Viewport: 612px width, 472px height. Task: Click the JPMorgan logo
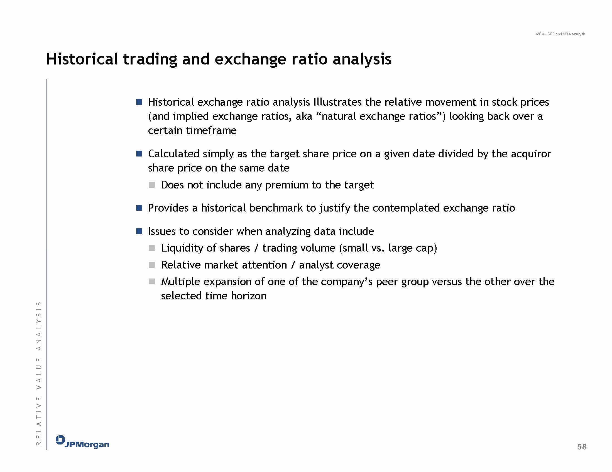[x=82, y=442]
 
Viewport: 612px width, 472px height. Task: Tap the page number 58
[x=582, y=447]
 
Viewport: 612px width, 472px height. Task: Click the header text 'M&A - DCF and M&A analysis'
[x=560, y=34]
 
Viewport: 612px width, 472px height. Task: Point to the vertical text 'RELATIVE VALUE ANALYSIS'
[x=39, y=374]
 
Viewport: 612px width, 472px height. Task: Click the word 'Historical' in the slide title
[x=82, y=59]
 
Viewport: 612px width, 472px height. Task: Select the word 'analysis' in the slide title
[x=362, y=59]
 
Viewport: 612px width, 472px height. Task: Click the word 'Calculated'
[x=173, y=154]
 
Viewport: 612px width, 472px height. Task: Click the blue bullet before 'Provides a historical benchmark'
[x=139, y=208]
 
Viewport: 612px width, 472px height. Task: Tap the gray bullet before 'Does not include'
[x=152, y=185]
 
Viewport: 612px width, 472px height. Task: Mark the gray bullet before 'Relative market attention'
[x=152, y=265]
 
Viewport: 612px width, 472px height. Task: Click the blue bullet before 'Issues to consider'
[x=139, y=231]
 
